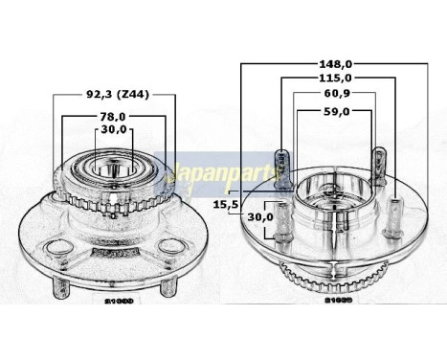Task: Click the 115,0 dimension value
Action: coord(332,79)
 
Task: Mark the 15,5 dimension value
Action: coord(226,205)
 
